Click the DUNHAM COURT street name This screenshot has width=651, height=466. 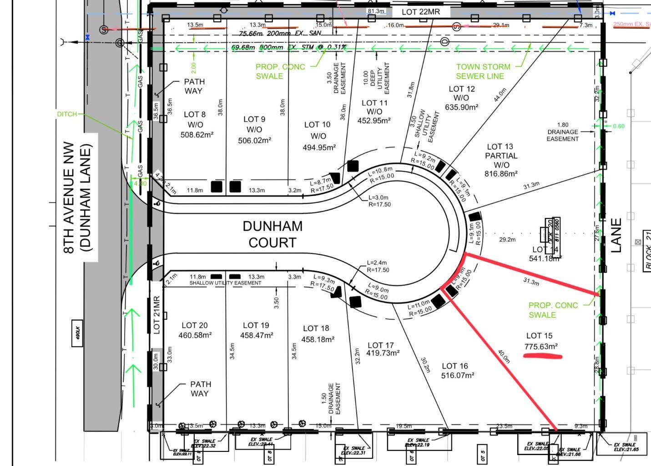point(272,234)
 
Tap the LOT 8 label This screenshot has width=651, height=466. point(195,115)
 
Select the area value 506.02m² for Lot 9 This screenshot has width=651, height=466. point(254,140)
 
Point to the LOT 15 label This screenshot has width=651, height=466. point(539,336)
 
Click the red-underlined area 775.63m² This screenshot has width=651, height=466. point(541,347)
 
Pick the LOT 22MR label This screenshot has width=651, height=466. point(421,12)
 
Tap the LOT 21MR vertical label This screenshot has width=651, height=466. point(156,315)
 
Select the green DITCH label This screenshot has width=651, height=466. point(67,114)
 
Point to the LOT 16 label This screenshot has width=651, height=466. point(454,366)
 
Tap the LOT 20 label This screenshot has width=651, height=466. point(195,325)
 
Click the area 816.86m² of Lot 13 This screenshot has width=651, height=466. point(501,174)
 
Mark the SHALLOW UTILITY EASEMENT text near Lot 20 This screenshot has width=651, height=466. point(226,283)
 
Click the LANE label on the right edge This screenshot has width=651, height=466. point(616,235)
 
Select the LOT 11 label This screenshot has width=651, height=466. point(374,103)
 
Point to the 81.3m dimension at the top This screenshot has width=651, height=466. point(376,11)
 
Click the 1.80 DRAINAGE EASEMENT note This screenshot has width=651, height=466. point(563,132)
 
